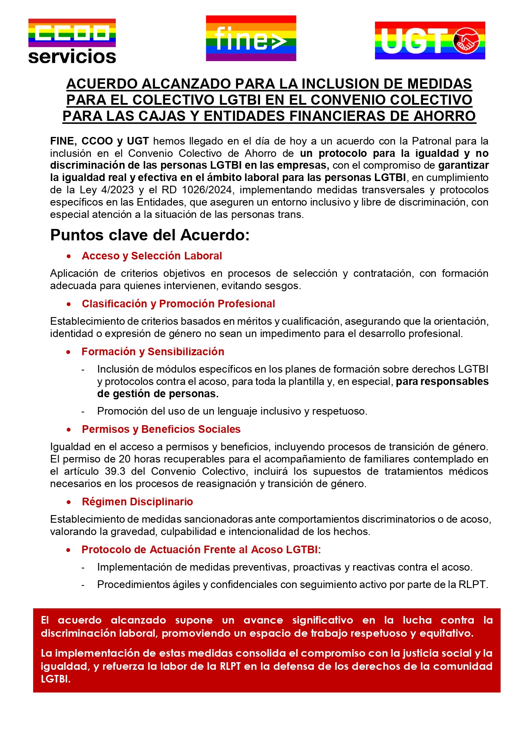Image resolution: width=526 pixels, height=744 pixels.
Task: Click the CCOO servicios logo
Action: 72,42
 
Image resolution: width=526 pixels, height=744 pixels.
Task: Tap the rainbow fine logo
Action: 251,39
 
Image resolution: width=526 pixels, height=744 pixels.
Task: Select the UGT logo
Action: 430,41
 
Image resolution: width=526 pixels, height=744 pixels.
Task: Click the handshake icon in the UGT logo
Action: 466,42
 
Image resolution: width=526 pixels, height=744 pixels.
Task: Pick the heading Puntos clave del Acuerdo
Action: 150,235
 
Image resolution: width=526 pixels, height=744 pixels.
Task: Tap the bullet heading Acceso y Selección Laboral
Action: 152,256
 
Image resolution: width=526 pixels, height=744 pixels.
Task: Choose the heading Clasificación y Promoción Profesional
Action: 178,304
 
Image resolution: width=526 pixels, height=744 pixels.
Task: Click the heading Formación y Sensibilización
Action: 153,352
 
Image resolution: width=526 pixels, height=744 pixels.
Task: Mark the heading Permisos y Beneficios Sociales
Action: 161,429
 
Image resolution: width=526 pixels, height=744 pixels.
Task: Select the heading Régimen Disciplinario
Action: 137,502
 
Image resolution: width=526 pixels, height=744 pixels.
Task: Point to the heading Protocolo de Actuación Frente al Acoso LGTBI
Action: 201,550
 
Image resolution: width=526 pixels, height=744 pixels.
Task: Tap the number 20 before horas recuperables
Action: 125,459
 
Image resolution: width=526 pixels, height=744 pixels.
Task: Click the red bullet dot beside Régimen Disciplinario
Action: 69,502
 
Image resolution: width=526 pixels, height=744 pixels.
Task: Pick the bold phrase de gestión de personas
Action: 158,394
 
